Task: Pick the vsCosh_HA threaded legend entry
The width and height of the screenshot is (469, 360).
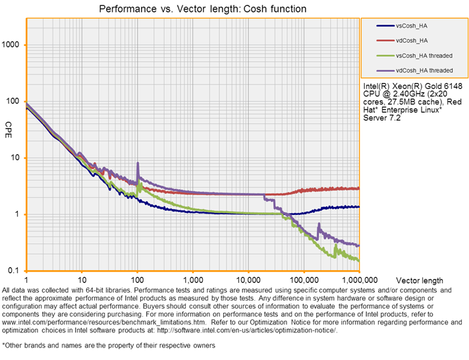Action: [x=424, y=55]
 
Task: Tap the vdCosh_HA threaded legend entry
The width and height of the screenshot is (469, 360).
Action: [x=424, y=70]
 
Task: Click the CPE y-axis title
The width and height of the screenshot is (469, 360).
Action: [x=9, y=126]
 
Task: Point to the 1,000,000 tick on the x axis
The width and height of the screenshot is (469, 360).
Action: [x=359, y=280]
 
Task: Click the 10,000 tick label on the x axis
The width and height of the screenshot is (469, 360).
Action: [x=248, y=280]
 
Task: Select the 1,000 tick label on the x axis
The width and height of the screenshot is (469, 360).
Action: [x=192, y=280]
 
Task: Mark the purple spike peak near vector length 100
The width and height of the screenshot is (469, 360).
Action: [x=138, y=163]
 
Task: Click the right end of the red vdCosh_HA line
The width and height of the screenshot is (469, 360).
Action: [x=359, y=189]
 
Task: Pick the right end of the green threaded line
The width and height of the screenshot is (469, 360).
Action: [x=359, y=260]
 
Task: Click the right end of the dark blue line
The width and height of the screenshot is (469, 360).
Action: [x=359, y=207]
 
